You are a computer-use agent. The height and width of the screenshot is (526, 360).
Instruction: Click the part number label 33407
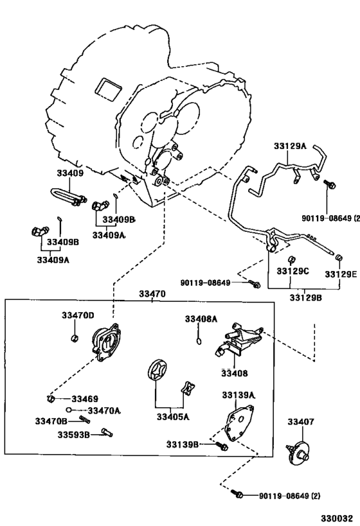pos(300,422)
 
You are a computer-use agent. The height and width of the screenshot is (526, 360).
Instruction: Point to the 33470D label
pos(78,315)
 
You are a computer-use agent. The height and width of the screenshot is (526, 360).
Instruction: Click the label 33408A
pos(201,319)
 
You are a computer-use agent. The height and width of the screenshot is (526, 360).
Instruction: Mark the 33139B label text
pos(183,444)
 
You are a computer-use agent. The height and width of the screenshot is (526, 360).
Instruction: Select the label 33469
pos(85,399)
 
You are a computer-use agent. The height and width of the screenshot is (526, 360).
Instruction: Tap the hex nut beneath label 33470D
pos(75,338)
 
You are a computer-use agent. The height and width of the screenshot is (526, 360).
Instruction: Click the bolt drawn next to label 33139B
pos(221,444)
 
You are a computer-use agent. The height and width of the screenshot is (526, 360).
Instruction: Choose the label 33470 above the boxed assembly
pos(153,294)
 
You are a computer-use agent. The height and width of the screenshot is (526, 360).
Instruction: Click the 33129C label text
pos(293,272)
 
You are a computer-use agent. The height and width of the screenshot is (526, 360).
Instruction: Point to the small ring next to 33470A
pos(68,409)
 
